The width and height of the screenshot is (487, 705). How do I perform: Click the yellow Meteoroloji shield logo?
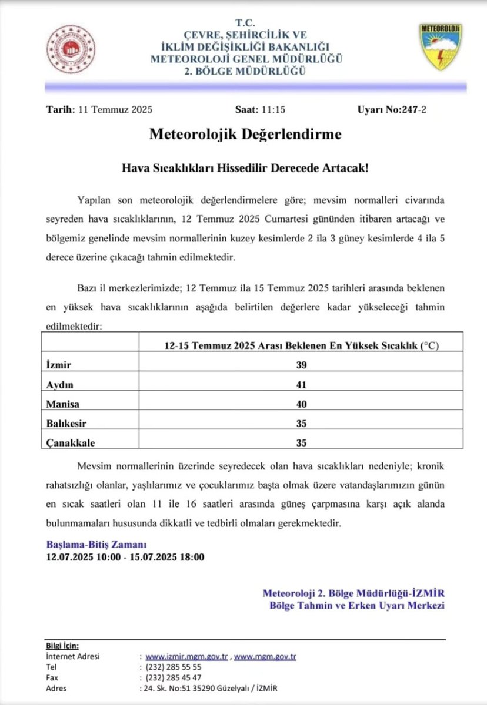441,46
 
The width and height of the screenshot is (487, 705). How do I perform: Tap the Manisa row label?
61,404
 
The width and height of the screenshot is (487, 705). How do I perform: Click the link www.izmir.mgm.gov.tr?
186,656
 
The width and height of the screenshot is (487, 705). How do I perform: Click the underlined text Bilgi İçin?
62,645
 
